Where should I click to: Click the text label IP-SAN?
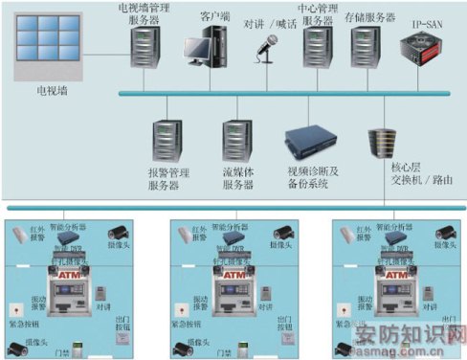pos(430,20)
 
